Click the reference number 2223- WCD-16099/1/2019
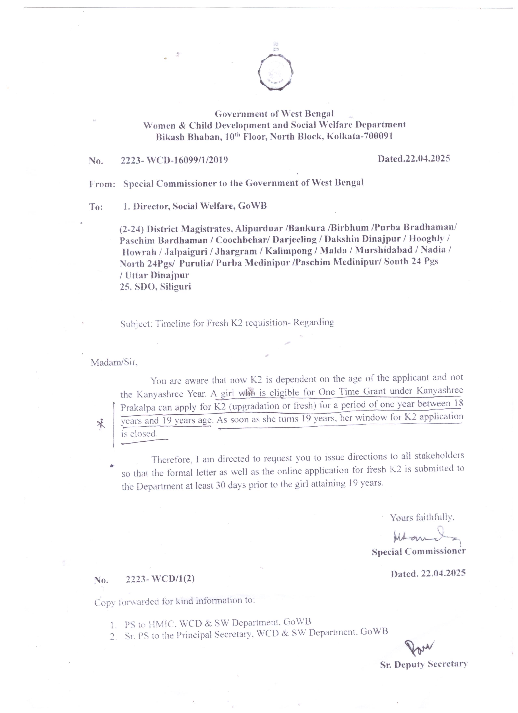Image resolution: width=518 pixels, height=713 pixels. pyautogui.click(x=174, y=160)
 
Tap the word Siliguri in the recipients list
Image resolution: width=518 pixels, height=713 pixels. pyautogui.click(x=175, y=287)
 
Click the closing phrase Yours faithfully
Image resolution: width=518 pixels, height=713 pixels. pyautogui.click(x=422, y=517)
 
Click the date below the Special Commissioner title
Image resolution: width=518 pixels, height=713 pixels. pyautogui.click(x=428, y=573)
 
